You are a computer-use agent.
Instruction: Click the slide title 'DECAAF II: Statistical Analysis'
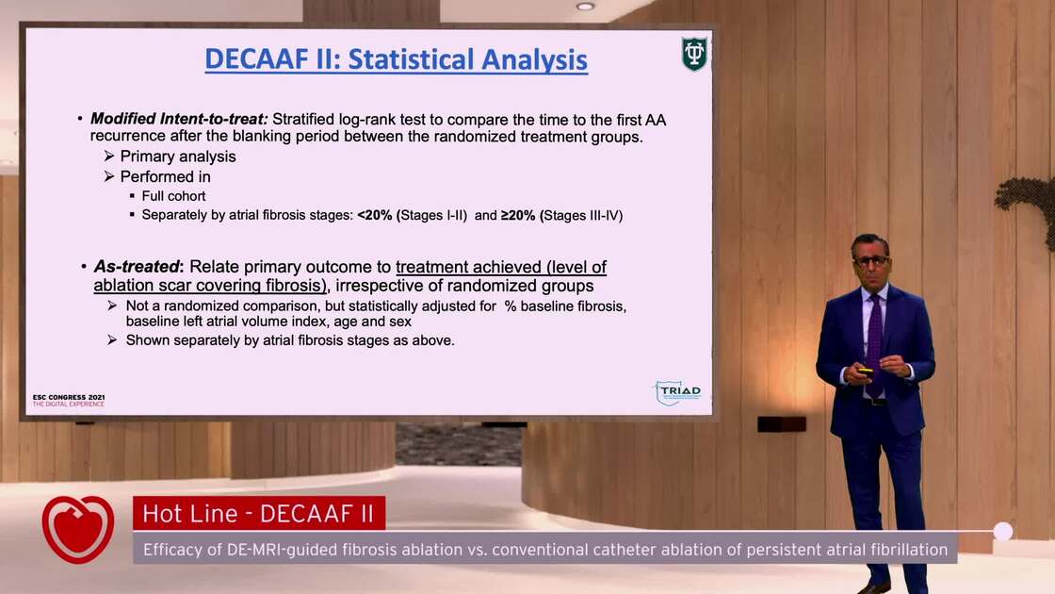396,59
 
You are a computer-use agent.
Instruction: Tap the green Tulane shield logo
694,55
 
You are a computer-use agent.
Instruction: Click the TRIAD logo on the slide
678,392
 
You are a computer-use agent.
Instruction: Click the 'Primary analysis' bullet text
178,157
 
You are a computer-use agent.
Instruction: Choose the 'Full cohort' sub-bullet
173,196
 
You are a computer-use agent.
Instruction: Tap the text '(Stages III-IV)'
582,215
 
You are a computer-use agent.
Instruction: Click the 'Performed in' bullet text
165,176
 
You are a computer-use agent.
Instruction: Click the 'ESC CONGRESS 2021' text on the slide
69,397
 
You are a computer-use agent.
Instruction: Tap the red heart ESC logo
78,529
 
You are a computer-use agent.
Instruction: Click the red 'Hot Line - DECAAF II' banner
259,514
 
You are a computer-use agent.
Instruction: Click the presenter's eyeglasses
870,260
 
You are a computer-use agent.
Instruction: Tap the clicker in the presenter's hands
865,372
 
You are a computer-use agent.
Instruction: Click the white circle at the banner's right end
1003,532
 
